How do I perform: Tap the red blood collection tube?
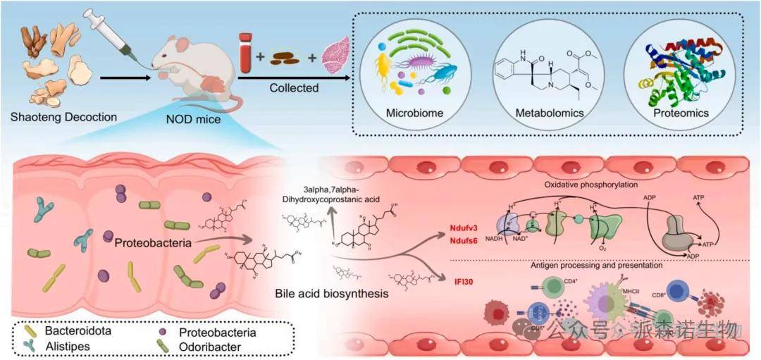[245, 54]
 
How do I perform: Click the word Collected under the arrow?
[294, 88]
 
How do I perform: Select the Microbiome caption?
[413, 113]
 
